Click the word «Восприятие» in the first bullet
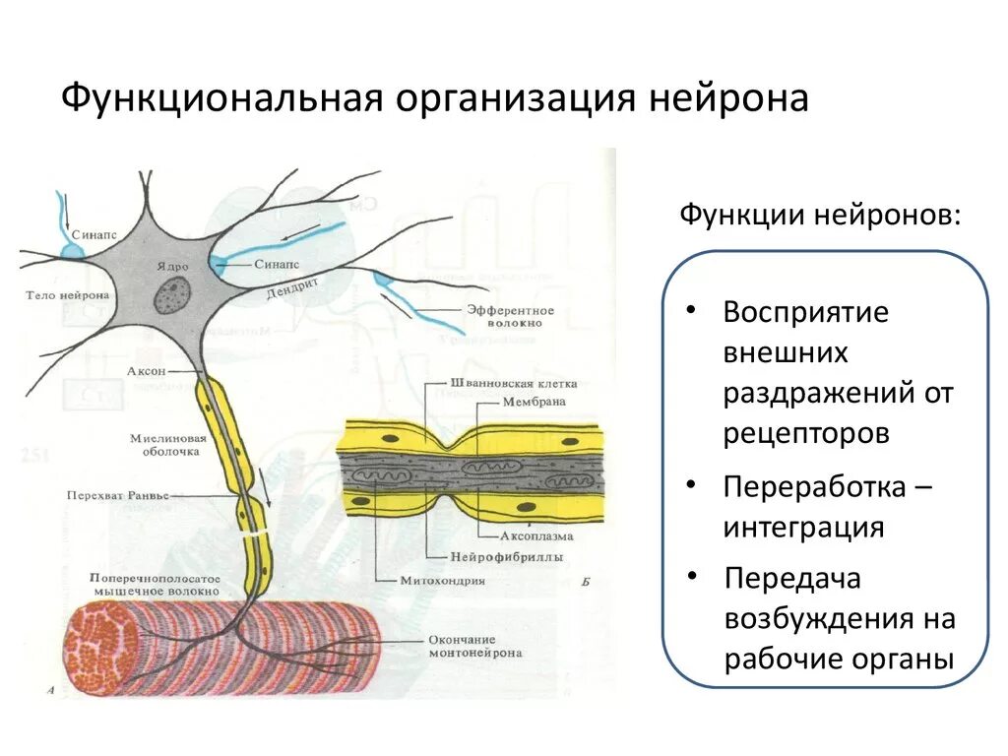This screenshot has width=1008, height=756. point(805,313)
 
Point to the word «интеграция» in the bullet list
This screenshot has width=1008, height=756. point(803,527)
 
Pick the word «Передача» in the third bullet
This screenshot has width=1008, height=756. point(791,578)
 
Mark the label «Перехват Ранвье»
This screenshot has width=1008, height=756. point(112,496)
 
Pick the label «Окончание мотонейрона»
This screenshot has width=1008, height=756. point(475,646)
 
